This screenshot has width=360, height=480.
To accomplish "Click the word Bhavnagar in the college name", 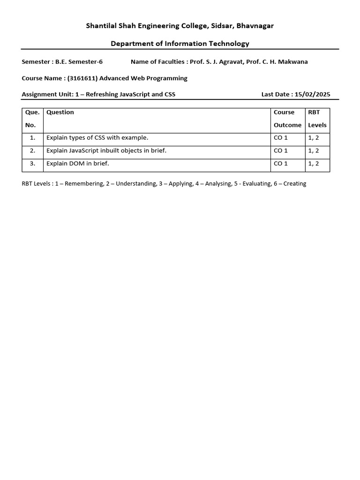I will (x=255, y=26).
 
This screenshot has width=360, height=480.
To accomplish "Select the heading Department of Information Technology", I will (x=180, y=44).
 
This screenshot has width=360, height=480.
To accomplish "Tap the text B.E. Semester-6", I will (x=79, y=61).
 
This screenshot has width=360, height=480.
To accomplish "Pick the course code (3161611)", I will (x=82, y=78).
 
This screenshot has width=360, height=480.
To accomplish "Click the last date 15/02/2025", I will (x=312, y=94).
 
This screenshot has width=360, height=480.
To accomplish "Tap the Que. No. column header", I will (x=32, y=119).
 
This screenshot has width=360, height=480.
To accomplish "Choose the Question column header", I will (x=60, y=112).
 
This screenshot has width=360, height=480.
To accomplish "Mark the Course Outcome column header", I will (x=287, y=119).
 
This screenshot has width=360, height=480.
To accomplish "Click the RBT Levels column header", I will (x=317, y=119).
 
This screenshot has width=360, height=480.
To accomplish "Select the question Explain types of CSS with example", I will (x=97, y=138).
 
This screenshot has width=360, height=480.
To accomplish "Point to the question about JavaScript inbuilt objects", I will (x=106, y=150).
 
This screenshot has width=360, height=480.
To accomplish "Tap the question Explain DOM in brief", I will (x=77, y=164).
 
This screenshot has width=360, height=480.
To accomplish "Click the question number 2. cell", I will (x=32, y=151).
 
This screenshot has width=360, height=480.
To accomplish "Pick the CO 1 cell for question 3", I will (x=281, y=164).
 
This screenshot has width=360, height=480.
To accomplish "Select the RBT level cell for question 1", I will (x=314, y=138).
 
